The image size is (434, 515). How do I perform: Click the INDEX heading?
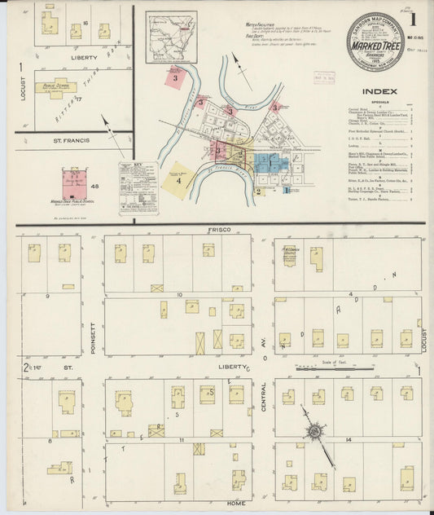(x=379, y=91)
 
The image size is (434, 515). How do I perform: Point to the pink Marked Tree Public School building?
(x=74, y=183)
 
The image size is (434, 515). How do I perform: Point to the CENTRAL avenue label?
(x=264, y=392)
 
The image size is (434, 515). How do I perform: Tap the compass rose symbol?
(x=313, y=429)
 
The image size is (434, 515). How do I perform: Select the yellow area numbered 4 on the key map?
(x=178, y=180)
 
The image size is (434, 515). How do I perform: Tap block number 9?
(x=49, y=294)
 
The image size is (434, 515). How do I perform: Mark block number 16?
(x=74, y=24)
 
